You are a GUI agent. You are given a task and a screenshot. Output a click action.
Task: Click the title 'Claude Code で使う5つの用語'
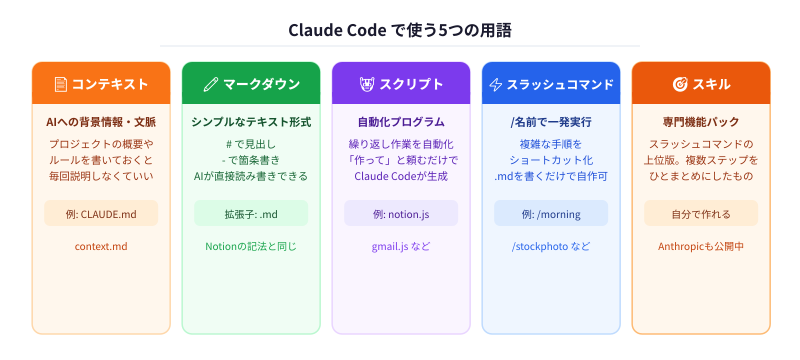[x=400, y=30]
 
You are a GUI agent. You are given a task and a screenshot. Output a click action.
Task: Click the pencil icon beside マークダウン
[x=210, y=84]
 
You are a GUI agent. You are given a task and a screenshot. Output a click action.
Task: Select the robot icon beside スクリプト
[x=366, y=84]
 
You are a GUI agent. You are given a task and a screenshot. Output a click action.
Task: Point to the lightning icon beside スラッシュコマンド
[x=495, y=84]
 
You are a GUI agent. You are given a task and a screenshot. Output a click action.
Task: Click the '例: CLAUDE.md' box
[x=101, y=213]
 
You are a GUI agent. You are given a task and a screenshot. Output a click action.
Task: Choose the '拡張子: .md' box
[x=251, y=213]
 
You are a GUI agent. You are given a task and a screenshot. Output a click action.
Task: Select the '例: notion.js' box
[x=401, y=213]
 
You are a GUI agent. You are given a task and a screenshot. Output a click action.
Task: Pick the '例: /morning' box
[x=551, y=213]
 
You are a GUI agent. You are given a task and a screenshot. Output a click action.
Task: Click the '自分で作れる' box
[x=701, y=213]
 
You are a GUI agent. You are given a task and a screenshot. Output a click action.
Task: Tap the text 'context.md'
[x=101, y=246]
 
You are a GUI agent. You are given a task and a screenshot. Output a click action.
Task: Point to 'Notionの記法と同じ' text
[x=251, y=246]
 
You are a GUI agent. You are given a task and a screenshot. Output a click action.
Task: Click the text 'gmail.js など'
[x=401, y=246]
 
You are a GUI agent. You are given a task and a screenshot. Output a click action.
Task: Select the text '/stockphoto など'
[x=551, y=246]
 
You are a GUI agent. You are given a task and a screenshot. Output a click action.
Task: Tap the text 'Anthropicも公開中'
[x=701, y=246]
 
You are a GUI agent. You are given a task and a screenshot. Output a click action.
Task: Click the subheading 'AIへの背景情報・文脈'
[x=101, y=122]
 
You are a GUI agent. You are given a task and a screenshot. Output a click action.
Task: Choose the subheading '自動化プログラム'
[x=401, y=122]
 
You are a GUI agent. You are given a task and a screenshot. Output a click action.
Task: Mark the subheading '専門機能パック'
[x=701, y=122]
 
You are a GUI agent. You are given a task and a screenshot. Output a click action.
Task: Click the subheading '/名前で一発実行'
[x=551, y=122]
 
